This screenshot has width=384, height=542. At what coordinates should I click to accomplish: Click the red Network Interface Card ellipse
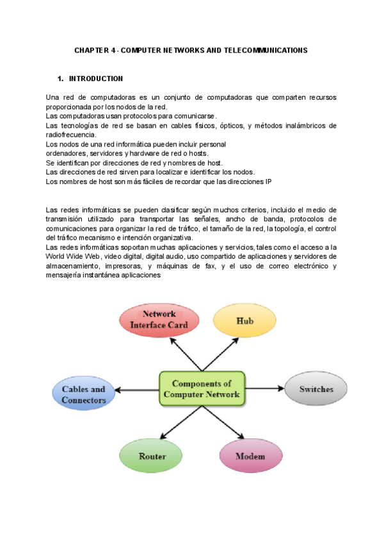pos(159,319)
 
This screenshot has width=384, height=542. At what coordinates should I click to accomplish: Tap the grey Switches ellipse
pos(316,389)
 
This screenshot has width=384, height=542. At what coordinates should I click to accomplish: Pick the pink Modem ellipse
pos(251,456)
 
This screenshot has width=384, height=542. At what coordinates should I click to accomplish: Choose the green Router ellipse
pos(152,456)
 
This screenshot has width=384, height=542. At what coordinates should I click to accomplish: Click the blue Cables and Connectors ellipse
pos(84,394)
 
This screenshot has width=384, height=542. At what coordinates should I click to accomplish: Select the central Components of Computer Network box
pos(202,389)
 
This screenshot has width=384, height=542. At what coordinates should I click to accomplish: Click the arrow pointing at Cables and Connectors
pos(138,389)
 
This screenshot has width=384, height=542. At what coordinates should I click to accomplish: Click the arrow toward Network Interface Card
pos(186,353)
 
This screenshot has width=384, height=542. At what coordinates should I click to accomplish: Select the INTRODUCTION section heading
pos(96,79)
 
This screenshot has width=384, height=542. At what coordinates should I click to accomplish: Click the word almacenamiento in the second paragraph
pos(74,267)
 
